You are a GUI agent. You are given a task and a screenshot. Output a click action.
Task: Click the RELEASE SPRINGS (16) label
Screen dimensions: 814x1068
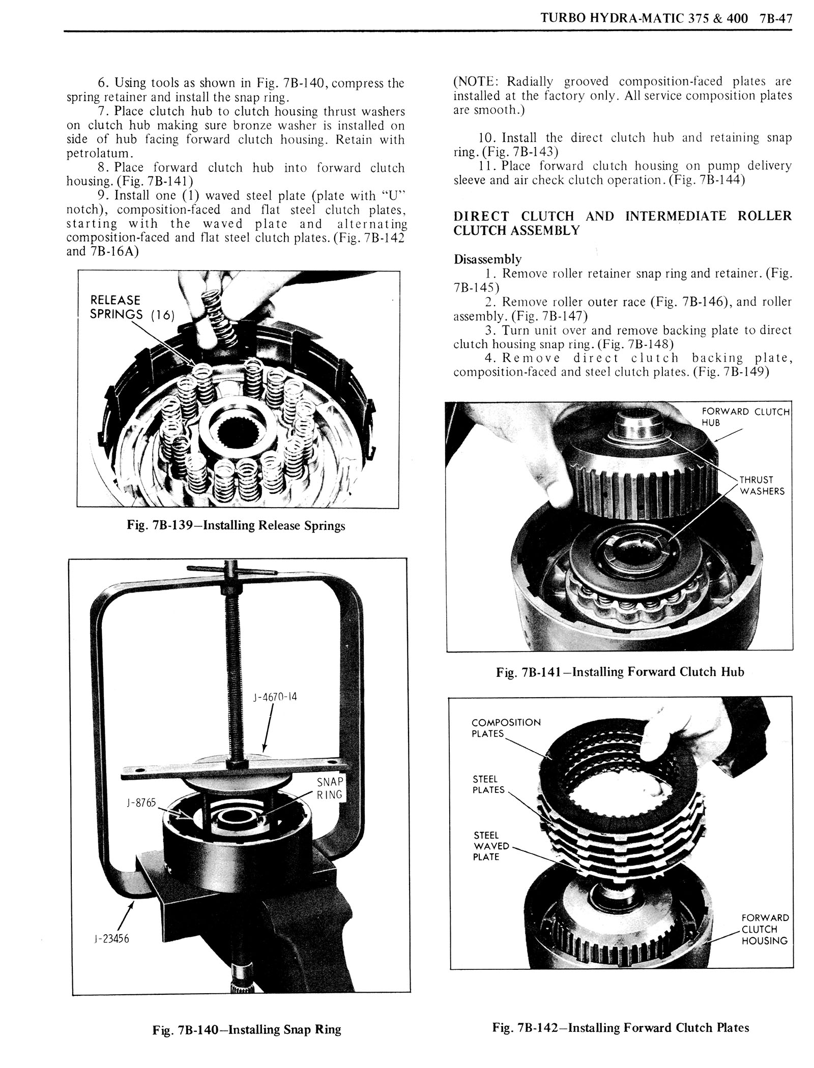(x=132, y=307)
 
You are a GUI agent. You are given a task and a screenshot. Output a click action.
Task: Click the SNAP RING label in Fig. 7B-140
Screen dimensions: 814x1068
(x=330, y=788)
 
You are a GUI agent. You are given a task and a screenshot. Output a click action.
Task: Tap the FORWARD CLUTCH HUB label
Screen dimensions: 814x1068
(x=745, y=417)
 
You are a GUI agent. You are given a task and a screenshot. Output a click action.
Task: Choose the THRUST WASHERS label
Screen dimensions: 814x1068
(x=762, y=486)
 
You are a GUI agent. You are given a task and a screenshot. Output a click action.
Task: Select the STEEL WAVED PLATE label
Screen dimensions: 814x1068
(x=491, y=846)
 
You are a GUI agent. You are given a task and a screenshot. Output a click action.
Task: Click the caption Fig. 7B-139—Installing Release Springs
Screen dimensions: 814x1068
(x=236, y=525)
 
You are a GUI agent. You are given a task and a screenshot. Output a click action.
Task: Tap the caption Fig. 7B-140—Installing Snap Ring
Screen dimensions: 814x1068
(x=247, y=1029)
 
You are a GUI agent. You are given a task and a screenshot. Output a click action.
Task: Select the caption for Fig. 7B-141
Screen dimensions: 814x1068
(x=620, y=672)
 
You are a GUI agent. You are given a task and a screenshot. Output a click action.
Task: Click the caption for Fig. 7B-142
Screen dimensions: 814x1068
(x=621, y=1027)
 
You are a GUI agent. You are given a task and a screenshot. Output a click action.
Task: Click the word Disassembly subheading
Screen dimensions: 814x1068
(x=487, y=259)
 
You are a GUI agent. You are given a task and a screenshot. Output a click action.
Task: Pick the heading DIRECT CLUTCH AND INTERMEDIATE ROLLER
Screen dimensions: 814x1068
(x=623, y=216)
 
